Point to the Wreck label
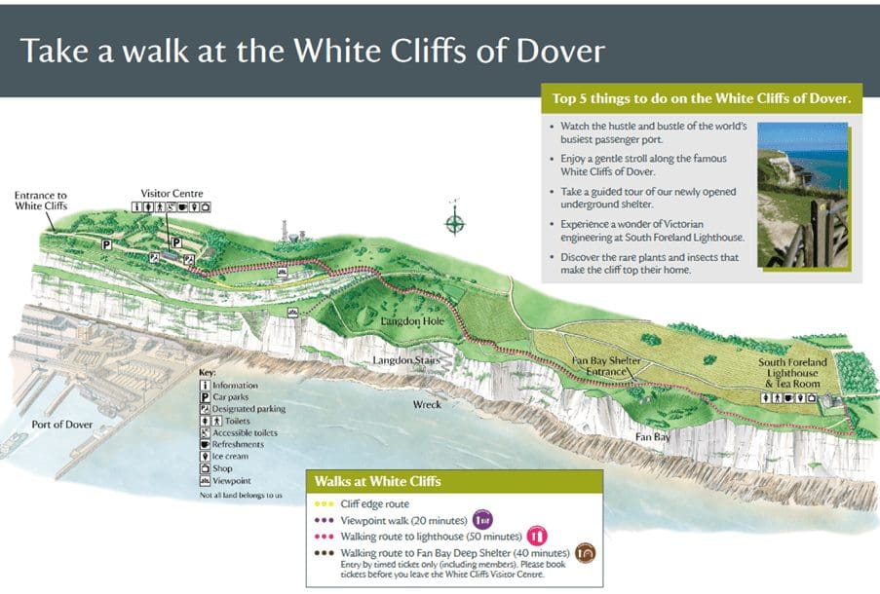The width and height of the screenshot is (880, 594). click(427, 403)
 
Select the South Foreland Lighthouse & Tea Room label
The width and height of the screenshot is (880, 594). click(792, 373)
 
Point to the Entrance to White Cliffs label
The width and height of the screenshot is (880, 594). click(41, 201)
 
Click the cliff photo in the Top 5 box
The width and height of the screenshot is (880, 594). click(802, 195)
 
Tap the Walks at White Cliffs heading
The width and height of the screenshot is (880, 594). click(377, 481)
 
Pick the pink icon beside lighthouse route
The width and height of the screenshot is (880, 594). click(537, 534)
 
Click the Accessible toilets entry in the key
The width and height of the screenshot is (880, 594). click(238, 432)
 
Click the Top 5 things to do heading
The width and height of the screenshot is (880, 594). click(701, 98)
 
